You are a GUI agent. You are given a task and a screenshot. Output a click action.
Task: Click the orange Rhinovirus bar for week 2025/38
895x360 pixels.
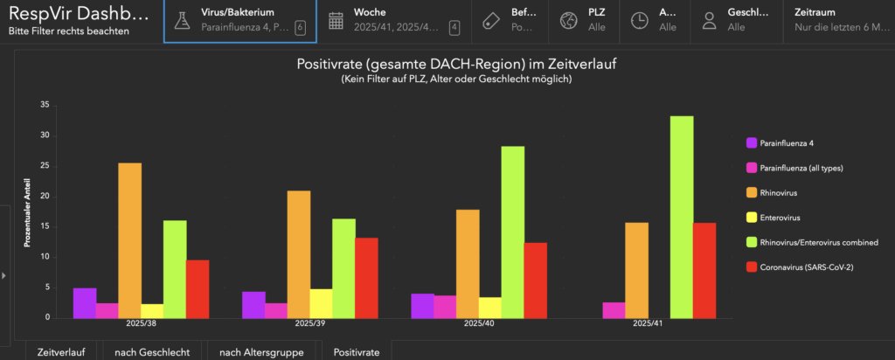pos(130,240)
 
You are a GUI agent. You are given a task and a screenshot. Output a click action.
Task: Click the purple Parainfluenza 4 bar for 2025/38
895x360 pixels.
pos(85,303)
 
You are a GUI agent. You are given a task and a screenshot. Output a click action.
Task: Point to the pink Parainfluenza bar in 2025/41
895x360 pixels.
pos(614,310)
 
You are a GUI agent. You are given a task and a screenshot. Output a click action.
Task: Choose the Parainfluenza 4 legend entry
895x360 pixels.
pos(786,142)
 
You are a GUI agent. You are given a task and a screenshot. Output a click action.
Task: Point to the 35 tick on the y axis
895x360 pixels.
pos(45,105)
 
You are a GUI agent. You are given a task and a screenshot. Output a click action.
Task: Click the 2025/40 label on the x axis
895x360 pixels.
pos(480,323)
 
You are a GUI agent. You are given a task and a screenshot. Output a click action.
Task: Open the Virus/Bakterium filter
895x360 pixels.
pos(239,20)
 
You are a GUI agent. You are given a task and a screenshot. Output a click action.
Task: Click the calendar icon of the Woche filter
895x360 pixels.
pos(336,21)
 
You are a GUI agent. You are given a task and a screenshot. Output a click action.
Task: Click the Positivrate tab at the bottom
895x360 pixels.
pos(357,351)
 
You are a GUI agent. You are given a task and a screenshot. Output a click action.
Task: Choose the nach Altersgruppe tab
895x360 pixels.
pos(260,351)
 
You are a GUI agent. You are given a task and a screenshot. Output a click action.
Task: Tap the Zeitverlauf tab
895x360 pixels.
pos(60,351)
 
